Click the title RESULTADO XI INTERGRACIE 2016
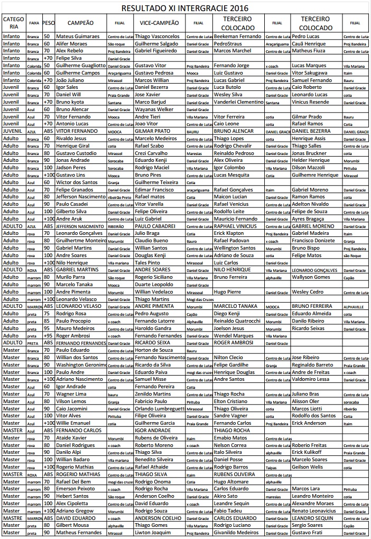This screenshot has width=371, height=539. (184, 8)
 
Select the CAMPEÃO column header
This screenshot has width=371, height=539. (81, 23)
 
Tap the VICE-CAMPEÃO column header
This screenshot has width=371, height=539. (159, 23)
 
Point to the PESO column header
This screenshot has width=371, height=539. (48, 23)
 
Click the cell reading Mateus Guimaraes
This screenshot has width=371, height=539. (77, 36)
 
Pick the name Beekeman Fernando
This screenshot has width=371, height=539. (238, 36)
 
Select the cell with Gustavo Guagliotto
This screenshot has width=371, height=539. (81, 66)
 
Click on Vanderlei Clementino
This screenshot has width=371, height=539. (238, 102)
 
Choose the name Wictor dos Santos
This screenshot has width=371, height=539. (78, 182)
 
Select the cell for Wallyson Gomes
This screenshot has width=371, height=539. (311, 277)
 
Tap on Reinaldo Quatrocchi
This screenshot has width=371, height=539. (237, 321)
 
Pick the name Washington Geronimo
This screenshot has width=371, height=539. (81, 365)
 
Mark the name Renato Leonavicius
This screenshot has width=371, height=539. (314, 511)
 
